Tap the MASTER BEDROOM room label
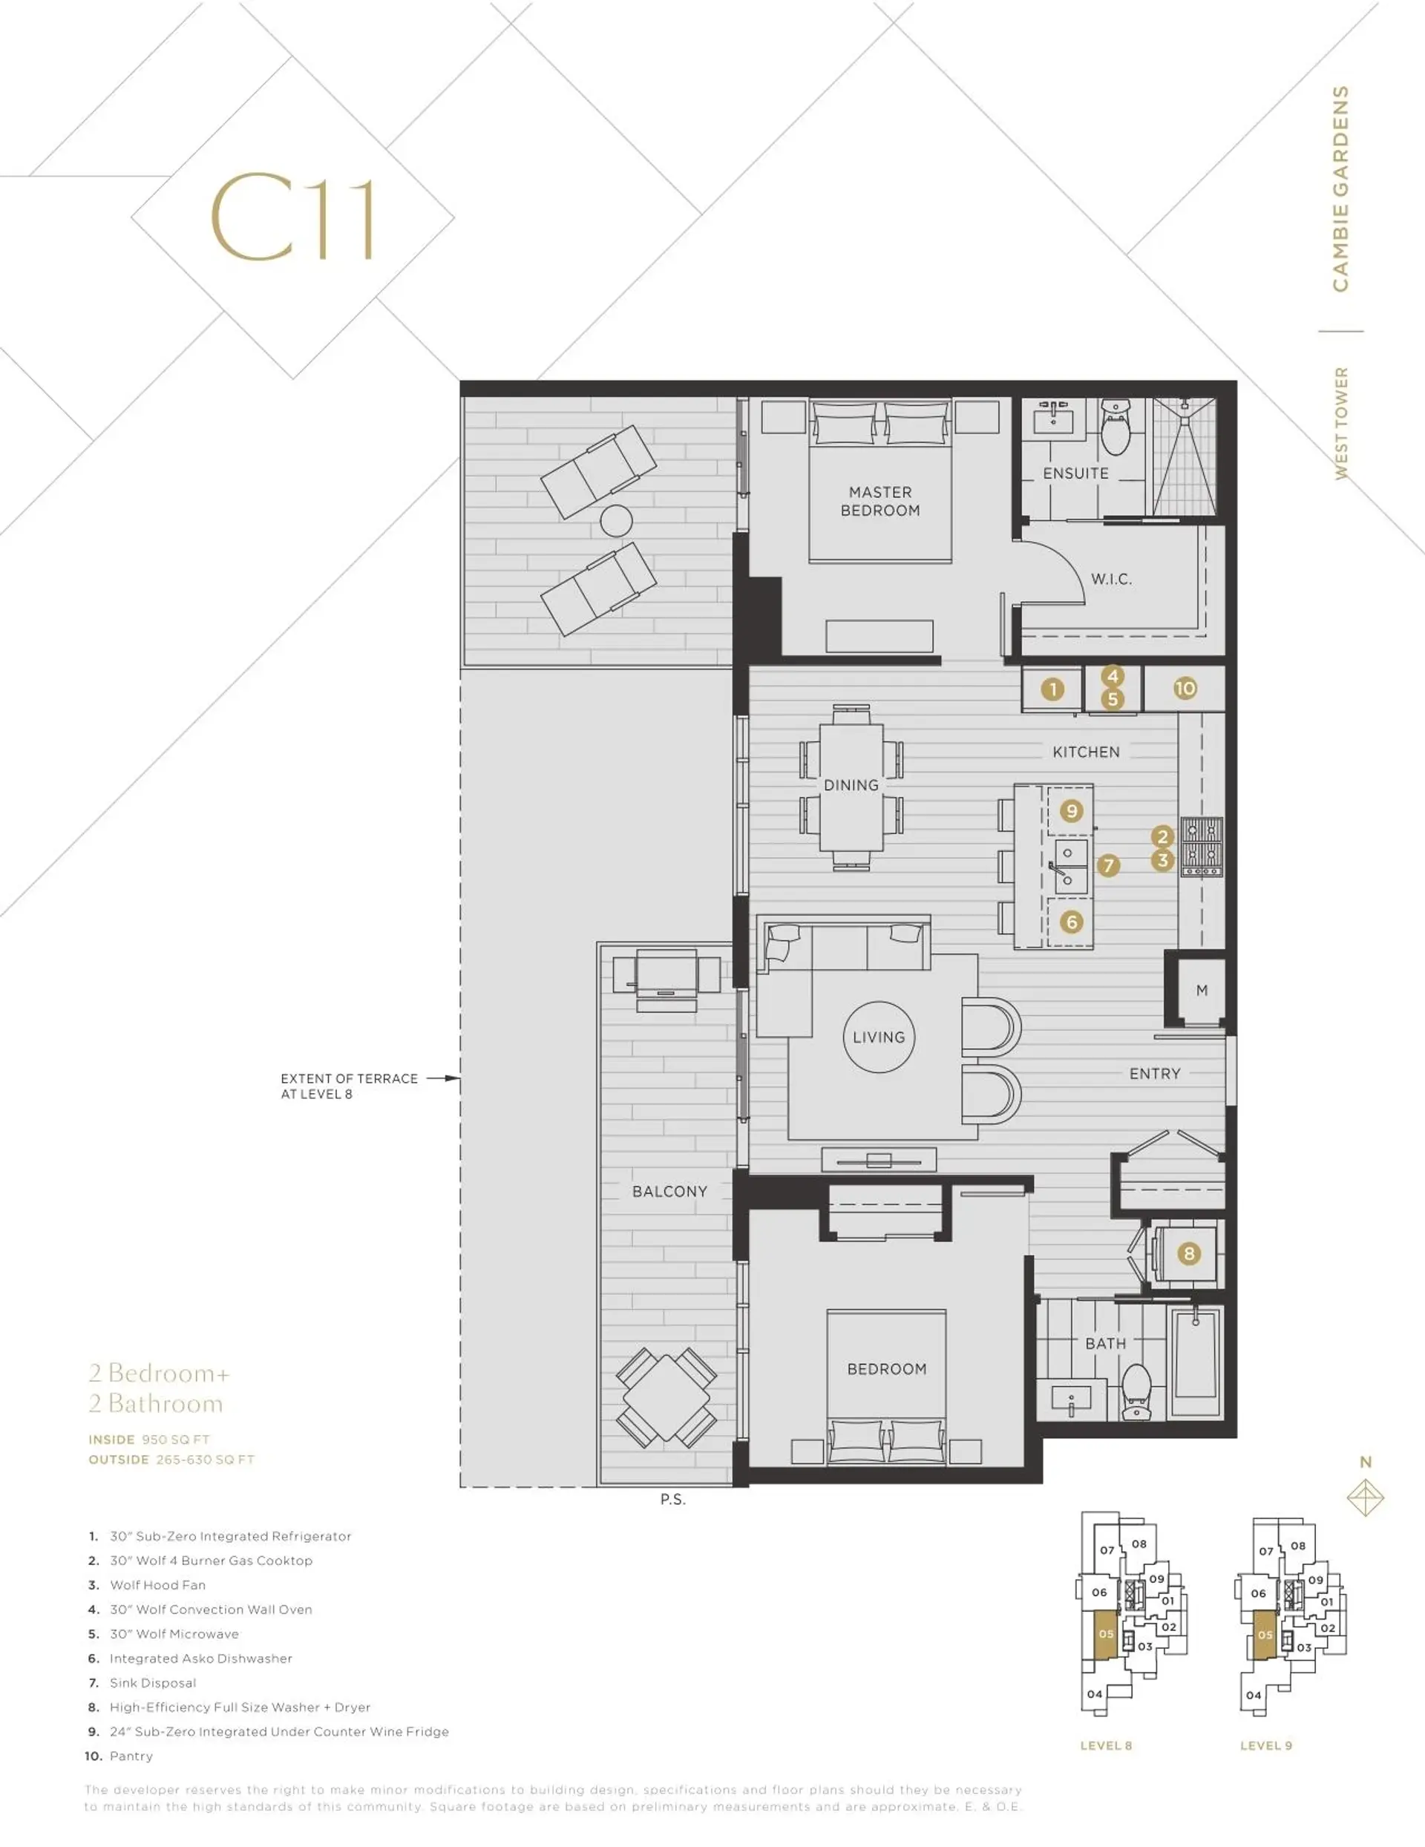click(x=879, y=501)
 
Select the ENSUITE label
click(x=1075, y=473)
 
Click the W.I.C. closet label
click(x=1110, y=580)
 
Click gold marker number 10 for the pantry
click(x=1185, y=689)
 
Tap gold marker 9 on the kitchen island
click(x=1072, y=811)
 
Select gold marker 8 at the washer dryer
click(x=1189, y=1253)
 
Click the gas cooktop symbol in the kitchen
click(x=1202, y=847)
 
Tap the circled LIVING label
click(x=878, y=1037)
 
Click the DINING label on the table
click(x=851, y=785)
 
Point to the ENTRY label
click(x=1154, y=1073)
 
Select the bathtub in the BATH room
click(x=1195, y=1361)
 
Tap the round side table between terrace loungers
click(x=616, y=520)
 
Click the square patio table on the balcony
click(x=666, y=1397)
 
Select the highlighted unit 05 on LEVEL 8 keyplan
click(x=1105, y=1635)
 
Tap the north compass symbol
click(x=1365, y=1497)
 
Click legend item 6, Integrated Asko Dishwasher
click(x=200, y=1659)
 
